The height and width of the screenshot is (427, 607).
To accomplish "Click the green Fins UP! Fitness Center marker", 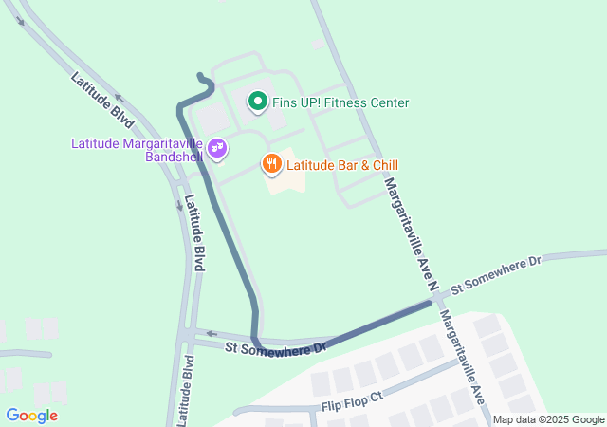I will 256,101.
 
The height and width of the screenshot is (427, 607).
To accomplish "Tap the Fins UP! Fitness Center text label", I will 340,102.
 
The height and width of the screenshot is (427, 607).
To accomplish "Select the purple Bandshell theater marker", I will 217,148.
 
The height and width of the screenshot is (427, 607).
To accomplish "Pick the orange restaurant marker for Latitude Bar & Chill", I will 271,164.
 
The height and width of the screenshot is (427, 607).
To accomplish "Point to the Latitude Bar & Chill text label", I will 342,165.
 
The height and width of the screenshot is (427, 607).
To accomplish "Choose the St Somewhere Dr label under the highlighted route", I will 275,349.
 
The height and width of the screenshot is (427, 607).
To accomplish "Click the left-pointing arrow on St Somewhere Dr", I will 212,334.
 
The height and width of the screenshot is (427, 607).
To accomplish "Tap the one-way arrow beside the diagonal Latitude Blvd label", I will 118,96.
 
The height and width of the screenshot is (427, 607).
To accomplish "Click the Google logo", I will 32,416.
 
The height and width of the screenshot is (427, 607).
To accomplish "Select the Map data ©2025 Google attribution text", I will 548,419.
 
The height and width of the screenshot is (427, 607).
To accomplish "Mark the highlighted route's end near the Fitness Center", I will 199,75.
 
